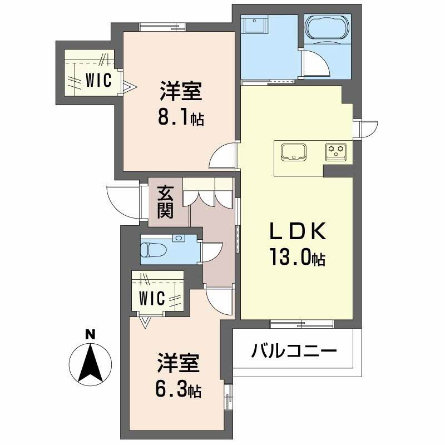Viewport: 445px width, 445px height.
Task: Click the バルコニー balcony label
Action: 294,351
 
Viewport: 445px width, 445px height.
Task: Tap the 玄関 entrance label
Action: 165,201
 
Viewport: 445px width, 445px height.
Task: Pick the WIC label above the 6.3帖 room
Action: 152,298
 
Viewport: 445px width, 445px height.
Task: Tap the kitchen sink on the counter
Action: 294,151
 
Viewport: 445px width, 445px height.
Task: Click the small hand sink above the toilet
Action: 178,239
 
